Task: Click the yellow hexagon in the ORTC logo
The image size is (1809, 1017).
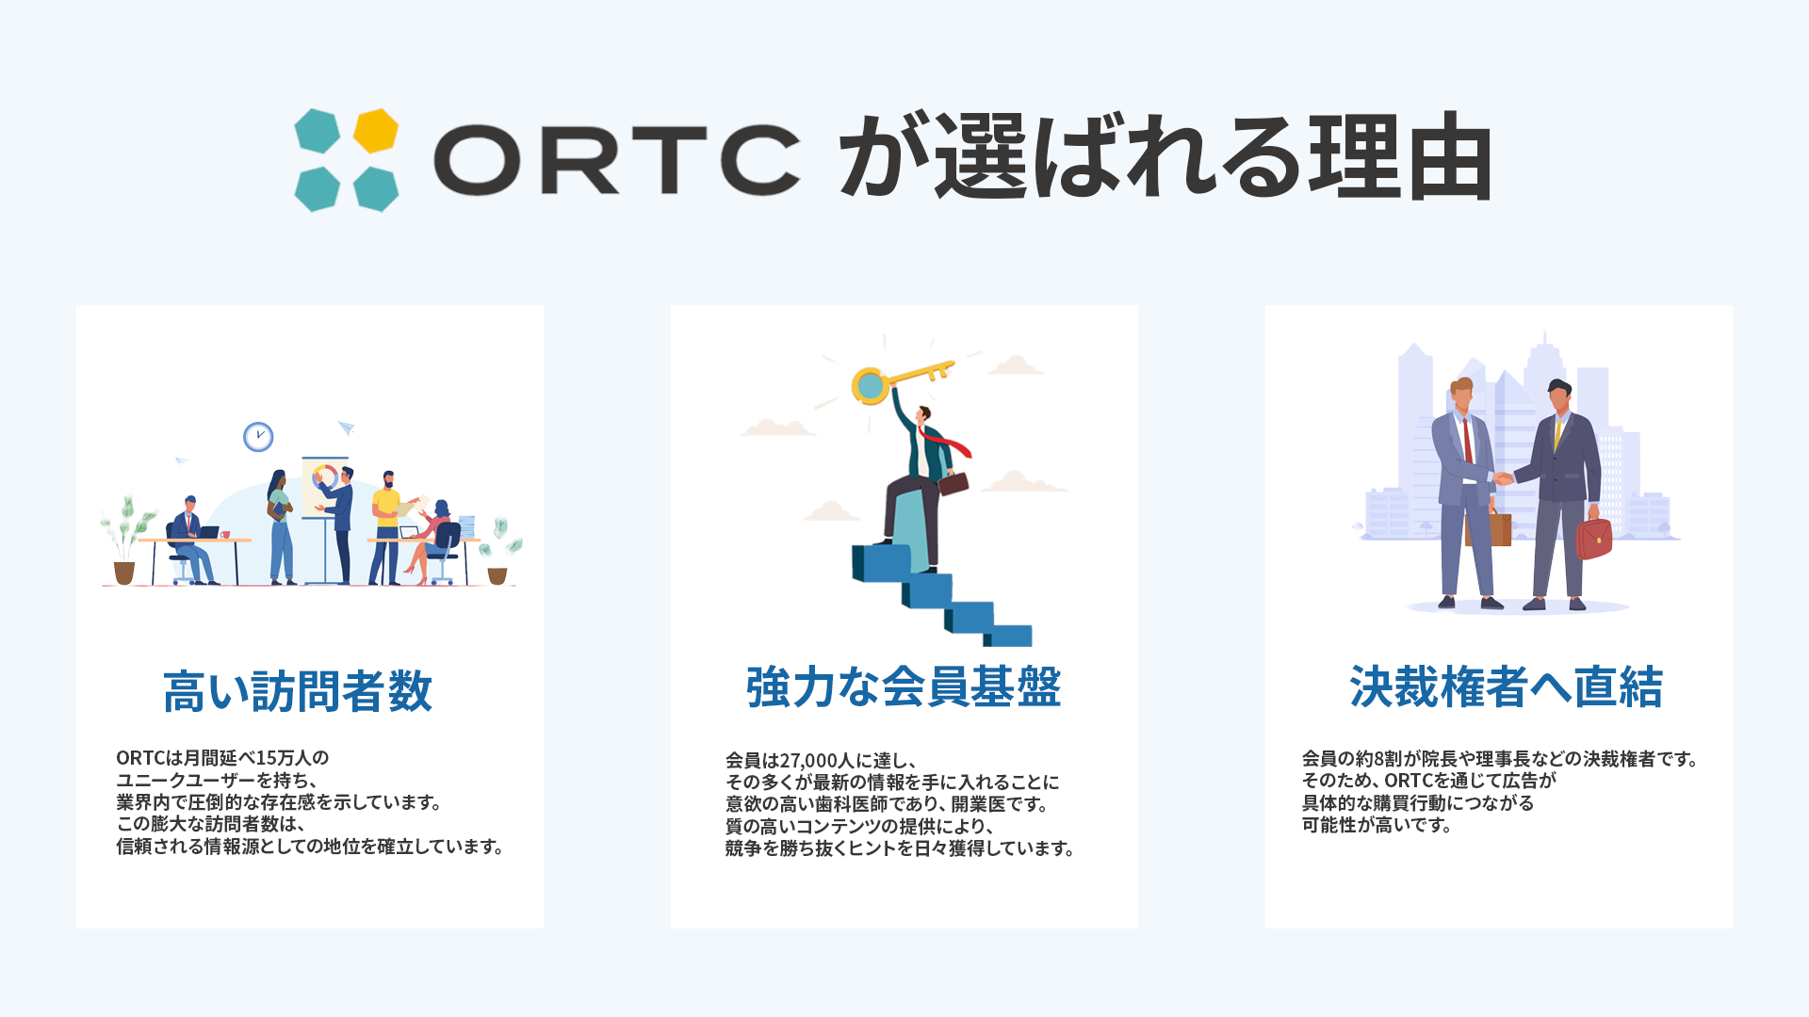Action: (376, 130)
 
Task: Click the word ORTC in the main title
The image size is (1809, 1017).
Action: (617, 160)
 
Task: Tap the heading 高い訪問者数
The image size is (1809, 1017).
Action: (298, 691)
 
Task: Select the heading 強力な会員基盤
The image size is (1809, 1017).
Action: (904, 686)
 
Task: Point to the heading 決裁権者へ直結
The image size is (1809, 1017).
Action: (1506, 686)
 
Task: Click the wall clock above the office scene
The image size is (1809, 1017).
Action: (258, 437)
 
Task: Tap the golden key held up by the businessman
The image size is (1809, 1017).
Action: (900, 379)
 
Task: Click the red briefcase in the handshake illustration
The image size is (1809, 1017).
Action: (1594, 538)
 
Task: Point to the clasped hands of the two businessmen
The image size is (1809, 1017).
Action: (1503, 478)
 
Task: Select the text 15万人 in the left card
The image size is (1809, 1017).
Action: (284, 758)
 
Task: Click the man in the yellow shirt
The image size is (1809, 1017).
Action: (385, 527)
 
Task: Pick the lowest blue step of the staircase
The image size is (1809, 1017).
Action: (1009, 636)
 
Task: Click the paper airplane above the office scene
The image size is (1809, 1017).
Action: (346, 428)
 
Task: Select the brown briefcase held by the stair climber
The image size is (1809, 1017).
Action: (953, 483)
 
